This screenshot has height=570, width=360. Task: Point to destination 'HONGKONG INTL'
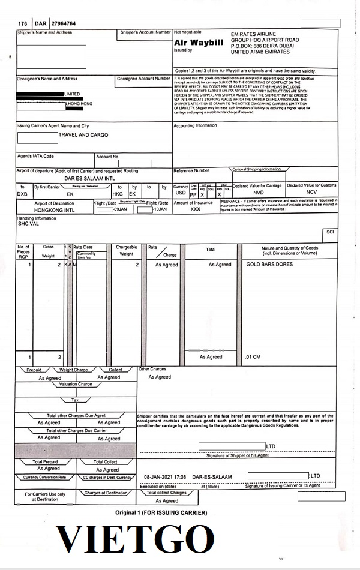[x=54, y=210]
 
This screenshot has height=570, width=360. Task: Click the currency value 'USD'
[x=180, y=193]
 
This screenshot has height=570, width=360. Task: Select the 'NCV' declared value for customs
[x=312, y=193]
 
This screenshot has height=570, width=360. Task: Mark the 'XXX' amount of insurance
[x=196, y=210]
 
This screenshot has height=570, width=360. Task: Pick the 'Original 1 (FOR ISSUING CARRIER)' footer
[x=161, y=513]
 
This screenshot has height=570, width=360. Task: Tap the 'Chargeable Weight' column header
[x=126, y=250]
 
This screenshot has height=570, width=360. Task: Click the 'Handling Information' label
[x=36, y=218]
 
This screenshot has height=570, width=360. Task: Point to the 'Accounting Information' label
[x=196, y=126]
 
